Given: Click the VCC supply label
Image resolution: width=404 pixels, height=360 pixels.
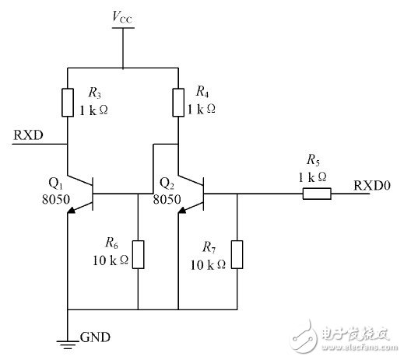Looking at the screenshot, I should (123, 15).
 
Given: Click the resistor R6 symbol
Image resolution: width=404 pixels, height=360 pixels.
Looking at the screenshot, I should (138, 253).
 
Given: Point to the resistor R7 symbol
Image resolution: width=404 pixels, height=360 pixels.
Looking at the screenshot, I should (237, 253).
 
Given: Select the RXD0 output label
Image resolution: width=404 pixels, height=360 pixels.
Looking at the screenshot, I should (372, 185).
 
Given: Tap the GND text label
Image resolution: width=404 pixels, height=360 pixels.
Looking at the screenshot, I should (95, 337).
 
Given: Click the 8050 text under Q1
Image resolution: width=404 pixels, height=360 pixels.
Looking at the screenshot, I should (57, 199).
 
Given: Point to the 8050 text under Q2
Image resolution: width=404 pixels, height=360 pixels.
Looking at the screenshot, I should (167, 199).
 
